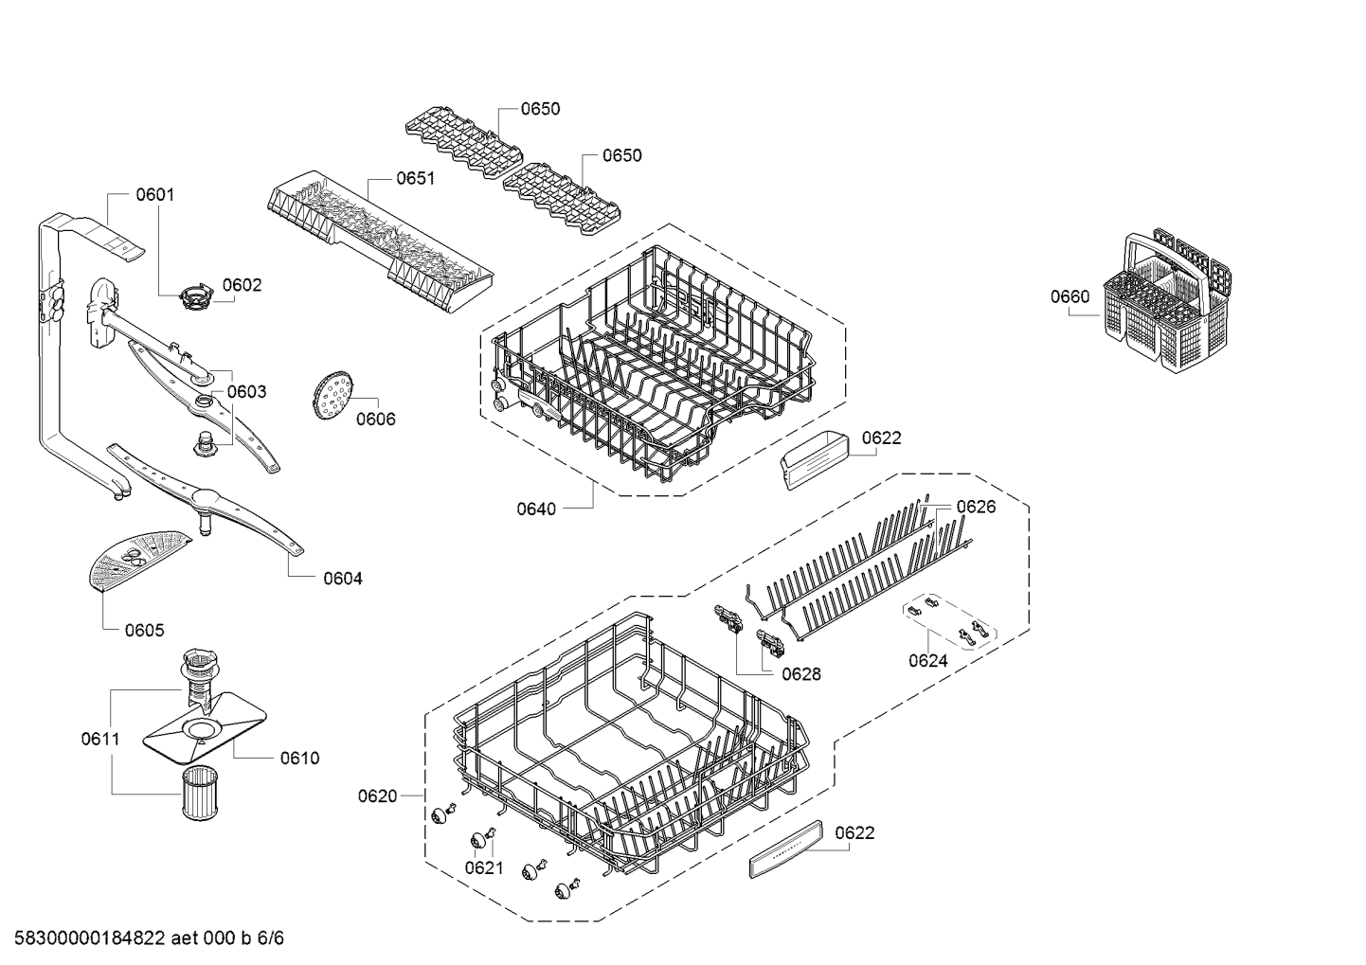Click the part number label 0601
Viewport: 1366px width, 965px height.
155,195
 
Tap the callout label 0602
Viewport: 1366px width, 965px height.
242,285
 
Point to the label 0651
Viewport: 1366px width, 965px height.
415,178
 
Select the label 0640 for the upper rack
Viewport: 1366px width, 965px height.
536,509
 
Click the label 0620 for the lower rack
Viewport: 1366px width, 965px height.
377,795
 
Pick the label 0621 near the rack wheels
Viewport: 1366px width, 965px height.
484,867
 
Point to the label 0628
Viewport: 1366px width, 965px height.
801,674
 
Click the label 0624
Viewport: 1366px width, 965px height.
927,661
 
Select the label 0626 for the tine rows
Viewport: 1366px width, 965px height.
976,507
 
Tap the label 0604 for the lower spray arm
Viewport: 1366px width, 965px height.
343,579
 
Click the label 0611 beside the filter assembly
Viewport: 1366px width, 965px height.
99,738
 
